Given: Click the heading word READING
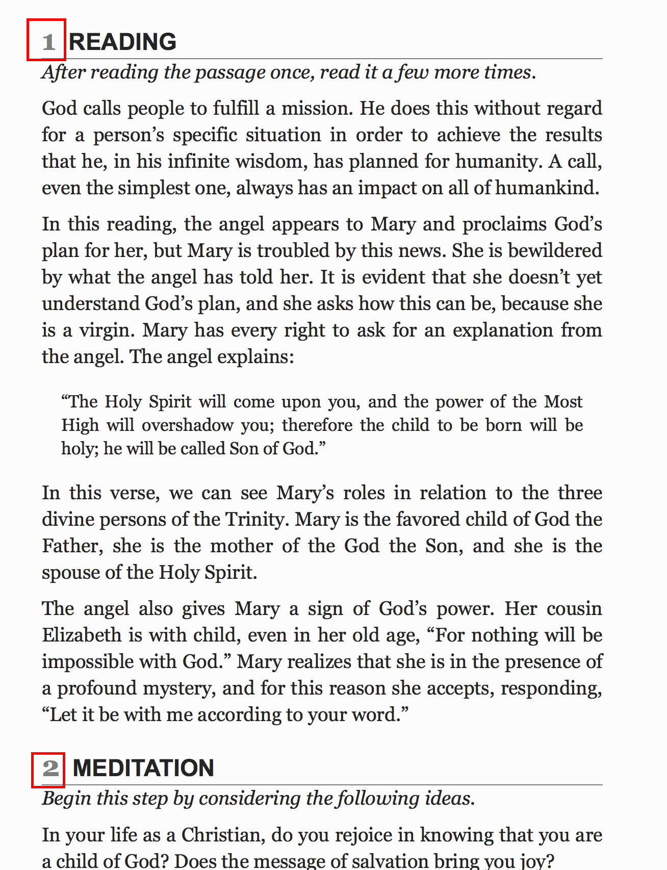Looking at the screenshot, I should point(122,42).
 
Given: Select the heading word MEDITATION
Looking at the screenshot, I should point(143,768).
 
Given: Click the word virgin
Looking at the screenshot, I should point(107,330).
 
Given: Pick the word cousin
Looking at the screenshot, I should point(574,608).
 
